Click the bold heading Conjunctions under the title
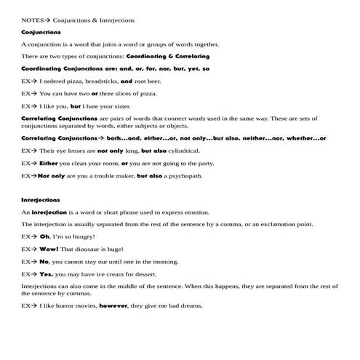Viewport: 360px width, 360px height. (41, 33)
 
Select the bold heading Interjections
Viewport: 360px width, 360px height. (41, 199)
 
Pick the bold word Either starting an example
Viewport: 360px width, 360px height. (49, 164)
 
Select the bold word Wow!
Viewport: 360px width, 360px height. (49, 249)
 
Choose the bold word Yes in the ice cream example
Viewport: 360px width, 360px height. (47, 274)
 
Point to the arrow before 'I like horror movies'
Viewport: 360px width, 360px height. (33, 306)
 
